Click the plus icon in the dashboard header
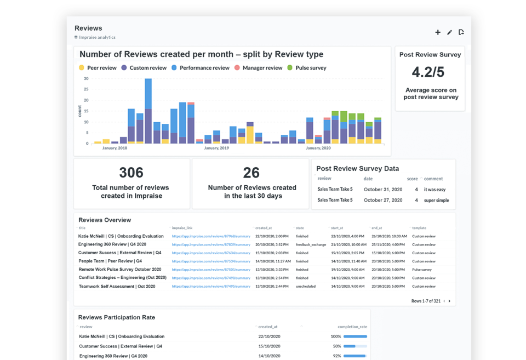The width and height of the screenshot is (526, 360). coord(438,32)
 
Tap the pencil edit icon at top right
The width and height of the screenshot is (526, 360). coord(449,32)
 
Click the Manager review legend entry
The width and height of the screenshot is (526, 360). coord(258,68)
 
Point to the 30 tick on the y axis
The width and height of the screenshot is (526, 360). coord(86,79)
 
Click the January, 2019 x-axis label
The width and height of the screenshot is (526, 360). coord(216,148)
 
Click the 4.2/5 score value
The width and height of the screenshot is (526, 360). coord(428,72)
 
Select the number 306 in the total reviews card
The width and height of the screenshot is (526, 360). coord(131,173)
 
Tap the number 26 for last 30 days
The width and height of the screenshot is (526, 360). coord(251,173)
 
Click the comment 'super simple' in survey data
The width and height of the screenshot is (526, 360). coord(436,201)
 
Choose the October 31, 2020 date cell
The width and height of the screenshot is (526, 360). coord(383,190)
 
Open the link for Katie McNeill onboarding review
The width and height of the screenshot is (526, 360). coord(211,237)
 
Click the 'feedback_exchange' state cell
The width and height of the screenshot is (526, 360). coord(311,245)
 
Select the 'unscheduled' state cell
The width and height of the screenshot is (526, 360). coord(306,287)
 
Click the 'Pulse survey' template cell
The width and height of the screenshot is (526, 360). coord(422,270)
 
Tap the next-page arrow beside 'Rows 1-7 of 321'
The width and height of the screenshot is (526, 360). coord(450,301)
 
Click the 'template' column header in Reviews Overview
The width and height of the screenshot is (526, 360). coord(419,228)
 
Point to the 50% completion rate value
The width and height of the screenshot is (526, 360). coord(336,346)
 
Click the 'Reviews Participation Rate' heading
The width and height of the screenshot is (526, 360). coord(117,317)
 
